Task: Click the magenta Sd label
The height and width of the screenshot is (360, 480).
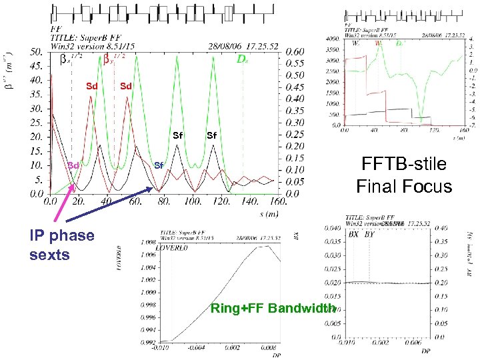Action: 73,165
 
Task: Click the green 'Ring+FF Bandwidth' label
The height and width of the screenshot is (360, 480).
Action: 273,308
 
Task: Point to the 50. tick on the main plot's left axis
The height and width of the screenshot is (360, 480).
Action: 37,51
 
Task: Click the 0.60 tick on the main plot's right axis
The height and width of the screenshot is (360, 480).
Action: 295,51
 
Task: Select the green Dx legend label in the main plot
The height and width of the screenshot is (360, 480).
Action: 243,59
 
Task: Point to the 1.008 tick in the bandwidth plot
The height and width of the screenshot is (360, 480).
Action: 149,243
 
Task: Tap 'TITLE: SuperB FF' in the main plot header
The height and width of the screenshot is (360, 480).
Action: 83,37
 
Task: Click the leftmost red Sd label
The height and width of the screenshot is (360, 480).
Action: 92,86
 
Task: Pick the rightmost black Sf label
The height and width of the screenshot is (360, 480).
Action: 211,136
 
